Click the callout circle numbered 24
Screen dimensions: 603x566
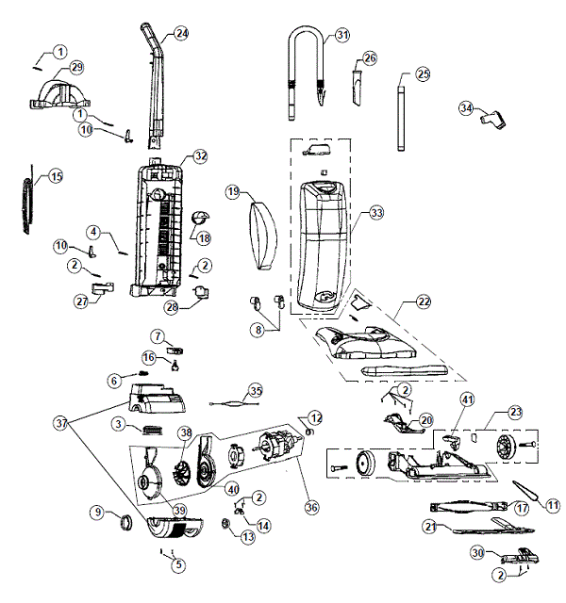(181, 34)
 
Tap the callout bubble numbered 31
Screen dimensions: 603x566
(341, 36)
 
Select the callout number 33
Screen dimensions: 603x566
(376, 214)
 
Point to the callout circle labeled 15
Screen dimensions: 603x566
(56, 176)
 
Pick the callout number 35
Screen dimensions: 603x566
(255, 390)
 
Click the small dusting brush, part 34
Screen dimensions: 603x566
(491, 121)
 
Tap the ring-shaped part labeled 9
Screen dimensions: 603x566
(125, 520)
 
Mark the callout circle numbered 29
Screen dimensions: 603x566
(76, 67)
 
